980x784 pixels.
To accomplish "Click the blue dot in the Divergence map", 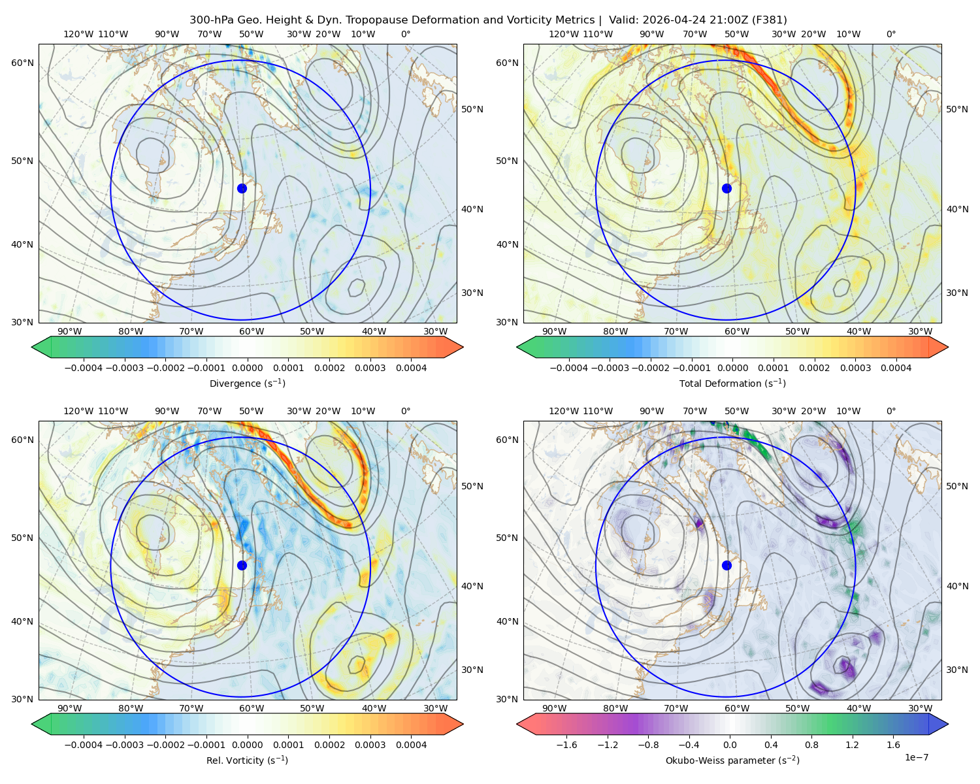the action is [x=242, y=188].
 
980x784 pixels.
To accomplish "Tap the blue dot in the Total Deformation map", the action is [x=727, y=188].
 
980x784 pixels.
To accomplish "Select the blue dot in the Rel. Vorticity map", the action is [x=242, y=565].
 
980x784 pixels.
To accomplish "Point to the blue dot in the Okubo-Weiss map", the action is [x=727, y=565].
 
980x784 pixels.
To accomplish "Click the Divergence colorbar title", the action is [x=247, y=383].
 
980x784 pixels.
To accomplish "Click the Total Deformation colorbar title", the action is [x=732, y=383].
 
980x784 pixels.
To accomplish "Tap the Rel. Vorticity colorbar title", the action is [x=247, y=760].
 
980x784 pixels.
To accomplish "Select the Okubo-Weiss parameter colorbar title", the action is [x=732, y=760].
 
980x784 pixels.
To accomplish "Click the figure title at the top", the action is [x=488, y=20].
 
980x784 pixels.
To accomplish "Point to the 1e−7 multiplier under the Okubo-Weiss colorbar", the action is [x=916, y=757].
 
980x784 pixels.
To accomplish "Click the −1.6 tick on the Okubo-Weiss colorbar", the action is [x=566, y=744].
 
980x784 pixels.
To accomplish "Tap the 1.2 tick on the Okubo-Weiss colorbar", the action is [x=852, y=744].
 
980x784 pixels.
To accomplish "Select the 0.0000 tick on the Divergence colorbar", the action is [x=247, y=368].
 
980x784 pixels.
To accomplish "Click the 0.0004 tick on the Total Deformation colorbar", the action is [x=896, y=368].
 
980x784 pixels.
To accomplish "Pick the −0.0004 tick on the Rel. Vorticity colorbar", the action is [x=84, y=744].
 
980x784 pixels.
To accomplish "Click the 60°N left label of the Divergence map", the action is [x=22, y=63].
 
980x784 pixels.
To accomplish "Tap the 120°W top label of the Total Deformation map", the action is [x=563, y=34].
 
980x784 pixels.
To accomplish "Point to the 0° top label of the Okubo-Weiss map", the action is [x=890, y=410].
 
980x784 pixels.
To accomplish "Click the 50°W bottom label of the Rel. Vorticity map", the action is [x=312, y=708].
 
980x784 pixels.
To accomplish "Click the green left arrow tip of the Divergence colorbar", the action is [x=32, y=347].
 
